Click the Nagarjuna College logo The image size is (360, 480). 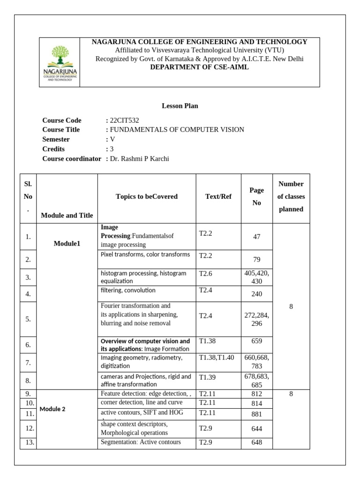(60, 63)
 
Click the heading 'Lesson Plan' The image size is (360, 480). (180, 106)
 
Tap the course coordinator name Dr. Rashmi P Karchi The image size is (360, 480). (139, 159)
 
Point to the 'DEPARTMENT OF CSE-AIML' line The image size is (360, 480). (199, 67)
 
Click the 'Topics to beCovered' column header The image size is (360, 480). (147, 197)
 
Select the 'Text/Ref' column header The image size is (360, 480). (218, 197)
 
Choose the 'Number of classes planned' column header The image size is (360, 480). (291, 197)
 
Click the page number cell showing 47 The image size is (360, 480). (256, 237)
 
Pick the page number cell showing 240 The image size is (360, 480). (256, 294)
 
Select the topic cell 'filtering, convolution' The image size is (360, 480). (128, 291)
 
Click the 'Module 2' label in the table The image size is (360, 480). (52, 409)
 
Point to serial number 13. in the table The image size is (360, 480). (28, 442)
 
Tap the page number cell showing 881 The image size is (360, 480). (256, 414)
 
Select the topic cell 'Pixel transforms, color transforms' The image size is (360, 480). (145, 255)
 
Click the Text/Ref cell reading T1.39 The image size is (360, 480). (207, 377)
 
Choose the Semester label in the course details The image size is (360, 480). (56, 139)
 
